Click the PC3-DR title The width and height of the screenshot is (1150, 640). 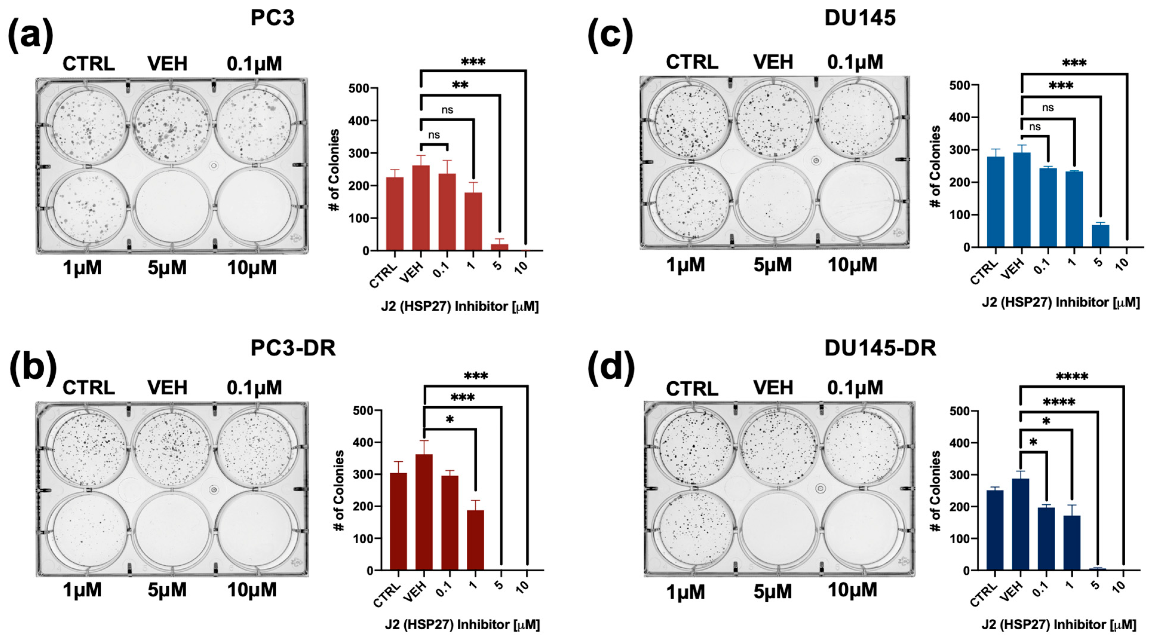point(293,348)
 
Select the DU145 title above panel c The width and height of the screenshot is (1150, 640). point(860,18)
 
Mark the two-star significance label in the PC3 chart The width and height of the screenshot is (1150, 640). point(460,85)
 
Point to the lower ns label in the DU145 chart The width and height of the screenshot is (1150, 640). point(1034,127)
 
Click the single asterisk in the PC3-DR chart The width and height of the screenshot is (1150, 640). point(449,420)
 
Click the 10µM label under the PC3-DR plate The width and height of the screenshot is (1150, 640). point(252,590)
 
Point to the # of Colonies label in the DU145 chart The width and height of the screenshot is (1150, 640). point(936,167)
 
